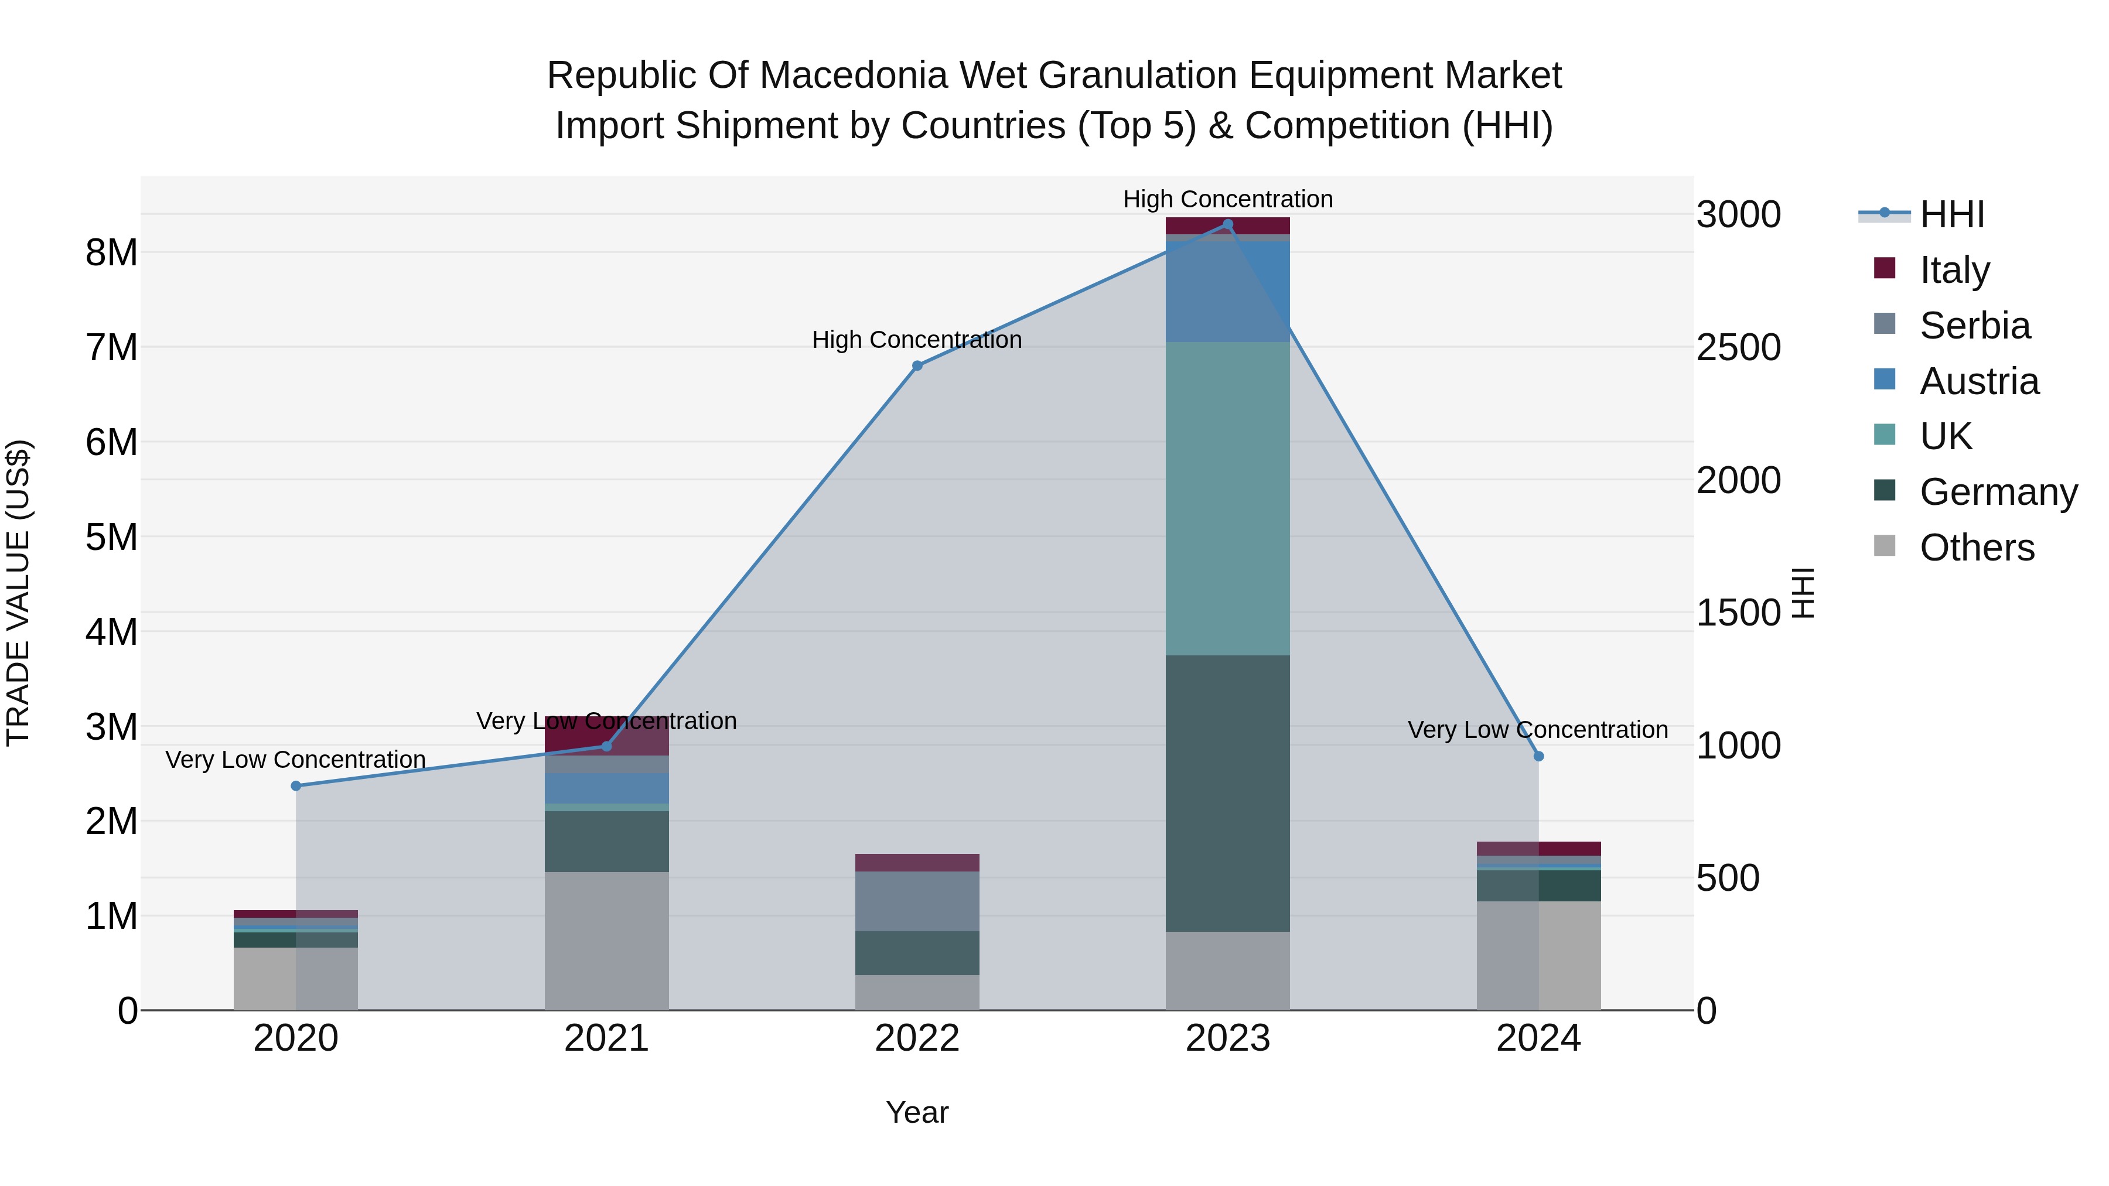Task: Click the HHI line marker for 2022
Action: click(917, 366)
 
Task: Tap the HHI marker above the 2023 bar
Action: click(1227, 224)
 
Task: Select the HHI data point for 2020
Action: click(296, 786)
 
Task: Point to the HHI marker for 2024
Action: click(1538, 756)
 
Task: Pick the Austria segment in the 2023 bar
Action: click(1227, 290)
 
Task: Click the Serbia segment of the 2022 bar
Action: click(917, 900)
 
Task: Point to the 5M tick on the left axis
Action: click(111, 537)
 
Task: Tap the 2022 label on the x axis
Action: click(917, 1038)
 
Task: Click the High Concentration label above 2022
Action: click(917, 339)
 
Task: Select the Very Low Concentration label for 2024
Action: click(1538, 729)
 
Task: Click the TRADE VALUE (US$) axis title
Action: click(18, 593)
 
